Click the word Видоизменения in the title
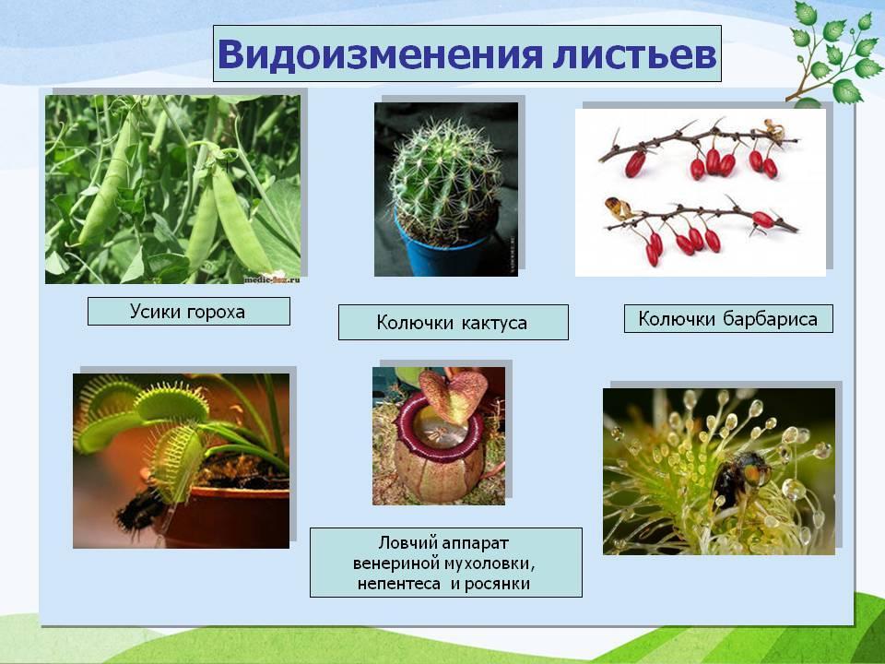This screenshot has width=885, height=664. point(380,54)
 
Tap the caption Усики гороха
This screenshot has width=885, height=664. point(187,311)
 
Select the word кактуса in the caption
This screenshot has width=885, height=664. point(494,323)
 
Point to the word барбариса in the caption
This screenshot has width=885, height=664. point(770,319)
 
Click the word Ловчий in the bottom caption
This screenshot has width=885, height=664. point(407,543)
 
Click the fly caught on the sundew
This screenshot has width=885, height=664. point(740,476)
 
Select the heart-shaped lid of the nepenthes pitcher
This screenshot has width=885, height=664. point(453,394)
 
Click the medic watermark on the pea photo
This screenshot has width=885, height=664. point(272,279)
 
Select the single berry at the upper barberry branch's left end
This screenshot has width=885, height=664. point(634,164)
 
